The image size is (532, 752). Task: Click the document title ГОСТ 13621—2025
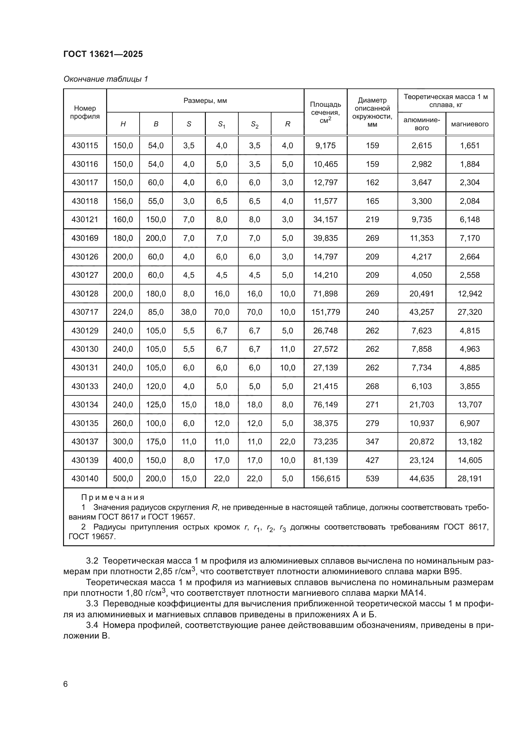click(x=103, y=54)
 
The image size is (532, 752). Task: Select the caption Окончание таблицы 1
click(x=105, y=79)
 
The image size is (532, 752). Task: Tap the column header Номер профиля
click(x=85, y=112)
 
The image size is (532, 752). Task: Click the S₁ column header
click(x=222, y=124)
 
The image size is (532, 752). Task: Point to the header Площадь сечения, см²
click(x=325, y=112)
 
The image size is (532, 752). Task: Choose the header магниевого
click(x=469, y=124)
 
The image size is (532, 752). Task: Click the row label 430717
click(x=85, y=312)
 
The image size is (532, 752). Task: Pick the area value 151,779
click(x=325, y=312)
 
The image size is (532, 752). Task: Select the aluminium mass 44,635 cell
click(x=422, y=479)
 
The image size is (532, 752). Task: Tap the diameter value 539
click(x=372, y=479)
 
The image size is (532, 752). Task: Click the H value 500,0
click(x=123, y=479)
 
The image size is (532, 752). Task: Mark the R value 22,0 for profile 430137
click(x=287, y=442)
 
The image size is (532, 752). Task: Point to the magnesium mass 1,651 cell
click(x=469, y=145)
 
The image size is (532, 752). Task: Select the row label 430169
click(x=85, y=238)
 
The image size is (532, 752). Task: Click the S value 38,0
click(x=189, y=312)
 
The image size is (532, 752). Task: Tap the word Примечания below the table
click(x=113, y=497)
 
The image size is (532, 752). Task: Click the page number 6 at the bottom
click(x=65, y=684)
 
